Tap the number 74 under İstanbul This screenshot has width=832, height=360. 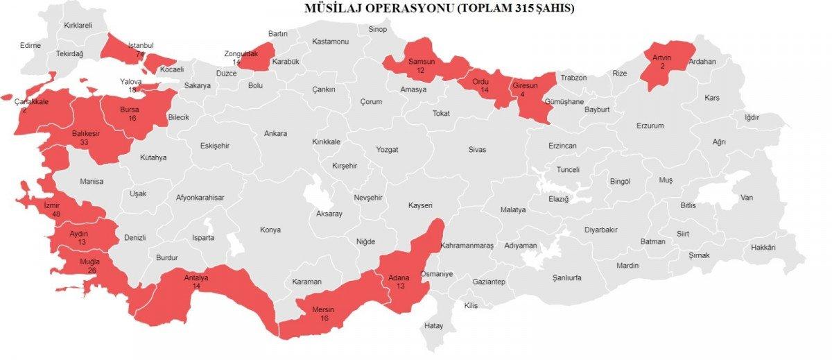(140, 54)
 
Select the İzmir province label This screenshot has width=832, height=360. (52, 205)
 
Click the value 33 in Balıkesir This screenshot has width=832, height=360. (84, 142)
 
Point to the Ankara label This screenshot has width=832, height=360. (275, 133)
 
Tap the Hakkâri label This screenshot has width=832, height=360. (763, 248)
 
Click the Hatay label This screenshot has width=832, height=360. (433, 325)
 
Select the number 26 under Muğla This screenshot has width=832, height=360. (90, 270)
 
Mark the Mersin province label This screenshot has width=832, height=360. (324, 309)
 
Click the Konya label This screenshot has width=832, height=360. (270, 230)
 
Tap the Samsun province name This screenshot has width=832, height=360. (421, 62)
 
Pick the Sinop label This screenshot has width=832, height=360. (377, 28)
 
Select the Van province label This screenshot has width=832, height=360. (746, 197)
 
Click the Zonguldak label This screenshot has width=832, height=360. (241, 53)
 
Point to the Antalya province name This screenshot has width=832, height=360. (196, 278)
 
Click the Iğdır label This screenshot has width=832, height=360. (752, 117)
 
